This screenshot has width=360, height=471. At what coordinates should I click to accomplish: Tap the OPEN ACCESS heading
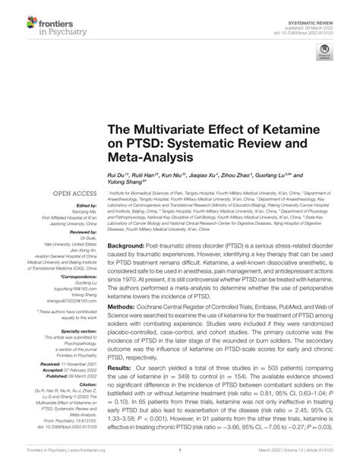point(73,194)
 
